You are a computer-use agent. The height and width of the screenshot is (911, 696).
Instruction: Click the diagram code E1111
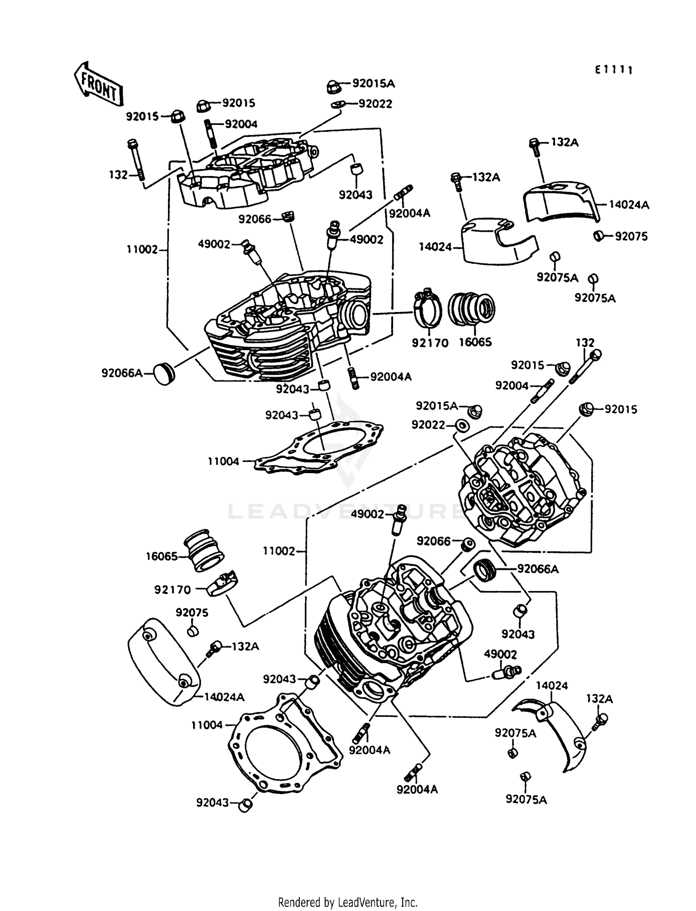click(614, 70)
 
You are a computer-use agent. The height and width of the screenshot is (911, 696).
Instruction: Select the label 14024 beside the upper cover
click(435, 247)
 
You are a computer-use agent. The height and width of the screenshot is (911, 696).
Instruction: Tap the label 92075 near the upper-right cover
click(631, 236)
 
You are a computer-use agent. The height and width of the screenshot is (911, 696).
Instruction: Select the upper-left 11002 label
click(142, 249)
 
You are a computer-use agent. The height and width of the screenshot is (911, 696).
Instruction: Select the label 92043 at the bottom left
click(213, 802)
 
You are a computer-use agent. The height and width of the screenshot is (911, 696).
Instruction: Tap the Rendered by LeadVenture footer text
click(348, 902)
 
